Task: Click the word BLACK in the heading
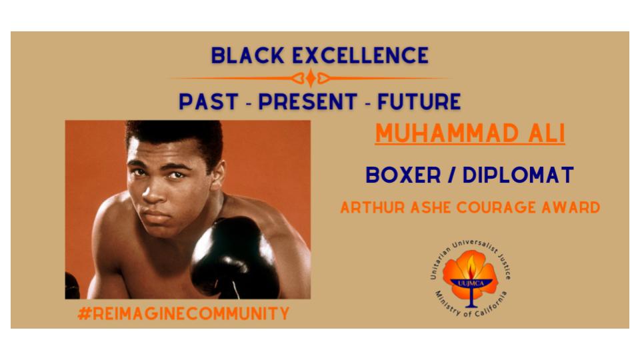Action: pos(247,55)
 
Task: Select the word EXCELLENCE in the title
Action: pos(361,55)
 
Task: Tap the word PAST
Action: pos(209,101)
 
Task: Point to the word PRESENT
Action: pos(308,101)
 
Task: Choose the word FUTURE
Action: pos(419,101)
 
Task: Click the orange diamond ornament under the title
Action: pos(311,78)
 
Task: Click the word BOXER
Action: pos(403,175)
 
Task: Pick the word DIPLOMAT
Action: pos(518,175)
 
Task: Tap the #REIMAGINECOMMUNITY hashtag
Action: pos(183,313)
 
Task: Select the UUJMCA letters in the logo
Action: pos(471,283)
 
